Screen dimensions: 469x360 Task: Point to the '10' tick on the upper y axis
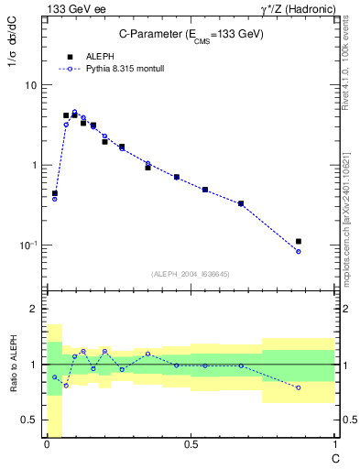tap(31, 85)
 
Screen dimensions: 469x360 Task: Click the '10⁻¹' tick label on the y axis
tap(27, 245)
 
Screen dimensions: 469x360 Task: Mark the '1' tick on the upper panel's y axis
tap(34, 166)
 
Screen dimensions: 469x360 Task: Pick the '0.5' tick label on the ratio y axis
tap(27, 420)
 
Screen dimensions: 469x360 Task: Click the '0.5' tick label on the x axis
tap(191, 445)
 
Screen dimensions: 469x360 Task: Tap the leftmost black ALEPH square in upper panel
tap(55, 193)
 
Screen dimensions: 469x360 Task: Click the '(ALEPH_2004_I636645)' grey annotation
tap(191, 274)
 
